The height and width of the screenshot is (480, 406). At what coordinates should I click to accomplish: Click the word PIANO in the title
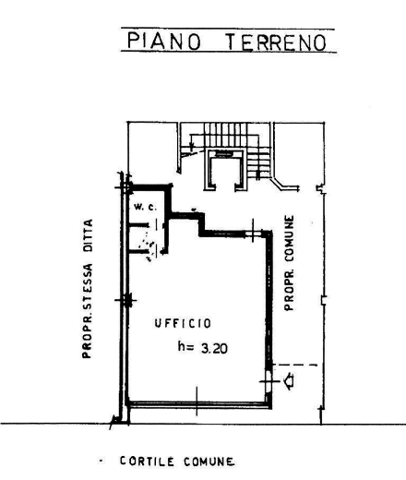[x=164, y=42]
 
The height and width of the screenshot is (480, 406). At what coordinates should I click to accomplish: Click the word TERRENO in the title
[x=276, y=42]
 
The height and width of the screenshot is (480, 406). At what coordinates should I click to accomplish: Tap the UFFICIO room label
[x=183, y=323]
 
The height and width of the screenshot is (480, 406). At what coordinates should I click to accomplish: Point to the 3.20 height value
[x=214, y=348]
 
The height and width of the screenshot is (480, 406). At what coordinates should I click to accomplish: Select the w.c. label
[x=145, y=207]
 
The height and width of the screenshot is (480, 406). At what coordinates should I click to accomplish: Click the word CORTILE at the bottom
[x=147, y=462]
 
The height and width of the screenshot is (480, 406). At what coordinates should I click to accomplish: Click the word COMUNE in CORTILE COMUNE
[x=209, y=462]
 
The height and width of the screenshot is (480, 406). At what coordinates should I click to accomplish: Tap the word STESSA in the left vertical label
[x=88, y=282]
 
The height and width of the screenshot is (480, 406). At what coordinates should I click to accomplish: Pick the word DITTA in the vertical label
[x=88, y=236]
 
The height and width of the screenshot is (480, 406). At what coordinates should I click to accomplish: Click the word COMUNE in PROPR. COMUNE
[x=289, y=238]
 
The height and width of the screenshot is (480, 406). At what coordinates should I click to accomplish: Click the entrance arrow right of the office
[x=289, y=381]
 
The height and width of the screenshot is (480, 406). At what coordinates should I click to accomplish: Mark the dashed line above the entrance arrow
[x=295, y=366]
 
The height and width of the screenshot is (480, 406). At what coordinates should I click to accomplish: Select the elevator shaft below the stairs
[x=226, y=170]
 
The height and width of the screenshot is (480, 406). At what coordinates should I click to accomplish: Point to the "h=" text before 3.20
[x=185, y=347]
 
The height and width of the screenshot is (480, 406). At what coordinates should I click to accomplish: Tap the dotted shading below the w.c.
[x=148, y=246]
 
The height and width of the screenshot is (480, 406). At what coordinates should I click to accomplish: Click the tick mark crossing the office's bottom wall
[x=197, y=402]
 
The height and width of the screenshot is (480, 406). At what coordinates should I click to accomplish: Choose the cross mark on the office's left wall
[x=126, y=300]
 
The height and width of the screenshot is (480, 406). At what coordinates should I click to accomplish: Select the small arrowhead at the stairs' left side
[x=192, y=146]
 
